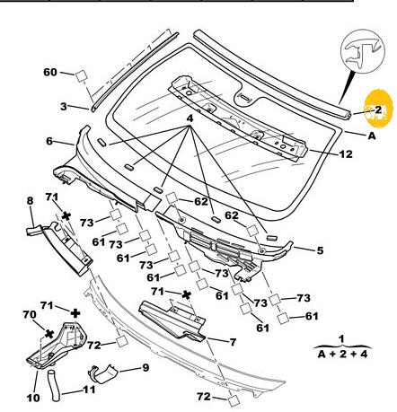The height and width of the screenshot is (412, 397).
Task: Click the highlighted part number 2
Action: coord(378,110)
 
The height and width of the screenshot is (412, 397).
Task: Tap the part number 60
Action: coord(50,72)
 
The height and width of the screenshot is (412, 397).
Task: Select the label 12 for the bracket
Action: coord(346,154)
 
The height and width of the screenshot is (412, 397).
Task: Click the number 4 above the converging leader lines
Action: coord(190,118)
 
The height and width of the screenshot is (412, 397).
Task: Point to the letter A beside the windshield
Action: coord(371,136)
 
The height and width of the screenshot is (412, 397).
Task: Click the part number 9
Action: coord(146,367)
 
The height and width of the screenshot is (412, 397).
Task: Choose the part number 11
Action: coord(89,390)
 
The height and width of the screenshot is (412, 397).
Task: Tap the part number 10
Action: coord(33,398)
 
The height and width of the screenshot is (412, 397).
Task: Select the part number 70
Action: coord(30,315)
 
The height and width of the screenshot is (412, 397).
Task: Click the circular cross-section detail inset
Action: coord(362,50)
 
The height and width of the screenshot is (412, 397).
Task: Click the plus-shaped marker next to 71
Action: coord(75,313)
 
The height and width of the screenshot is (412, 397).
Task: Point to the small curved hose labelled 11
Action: coord(53,385)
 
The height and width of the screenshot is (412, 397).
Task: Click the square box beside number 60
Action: coord(81,75)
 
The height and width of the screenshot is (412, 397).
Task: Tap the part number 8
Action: coord(30,201)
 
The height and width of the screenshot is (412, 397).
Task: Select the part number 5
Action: coord(320,250)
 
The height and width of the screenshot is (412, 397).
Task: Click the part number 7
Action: coord(233,342)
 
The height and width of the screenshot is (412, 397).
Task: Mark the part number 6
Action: coord(49,141)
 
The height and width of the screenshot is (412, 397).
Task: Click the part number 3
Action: coord(64,106)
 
